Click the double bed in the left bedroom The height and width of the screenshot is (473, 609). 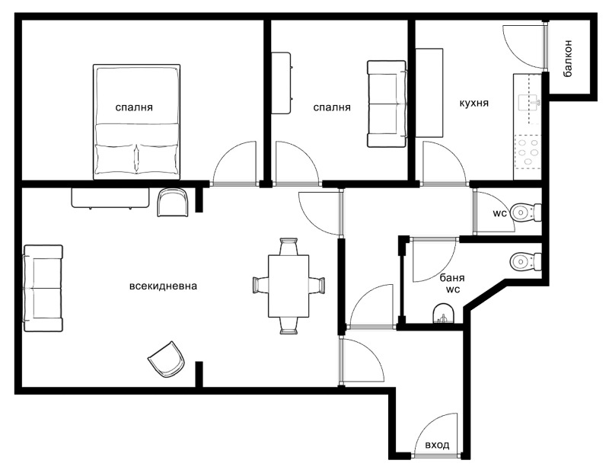137,122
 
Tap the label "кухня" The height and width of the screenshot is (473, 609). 474,103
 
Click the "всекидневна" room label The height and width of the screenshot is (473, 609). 164,287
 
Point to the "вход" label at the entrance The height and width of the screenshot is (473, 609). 437,445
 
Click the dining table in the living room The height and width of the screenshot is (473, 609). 289,286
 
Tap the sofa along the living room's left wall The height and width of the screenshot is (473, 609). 43,288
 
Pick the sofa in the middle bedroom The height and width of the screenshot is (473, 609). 387,104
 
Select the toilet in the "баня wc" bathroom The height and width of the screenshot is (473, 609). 525,261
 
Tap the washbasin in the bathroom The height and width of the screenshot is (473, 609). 443,314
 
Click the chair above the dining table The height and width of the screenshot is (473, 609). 289,248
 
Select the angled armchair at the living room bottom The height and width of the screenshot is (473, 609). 167,358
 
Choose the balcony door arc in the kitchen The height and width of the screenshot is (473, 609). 522,46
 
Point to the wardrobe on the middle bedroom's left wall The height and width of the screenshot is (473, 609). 281,83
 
